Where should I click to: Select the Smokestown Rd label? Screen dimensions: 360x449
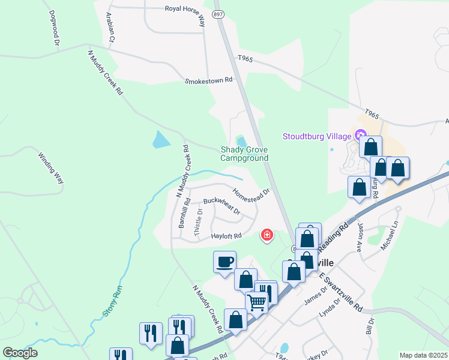tap(208, 80)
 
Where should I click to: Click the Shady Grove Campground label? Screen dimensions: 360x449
tap(244, 154)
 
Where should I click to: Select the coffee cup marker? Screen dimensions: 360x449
tap(224, 262)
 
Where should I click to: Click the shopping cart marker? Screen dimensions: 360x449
tap(256, 301)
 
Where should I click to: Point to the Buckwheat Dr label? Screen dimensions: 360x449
tap(221, 206)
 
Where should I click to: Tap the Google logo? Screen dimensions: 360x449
tap(20, 352)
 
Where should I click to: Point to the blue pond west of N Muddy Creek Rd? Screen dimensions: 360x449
tap(161, 140)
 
